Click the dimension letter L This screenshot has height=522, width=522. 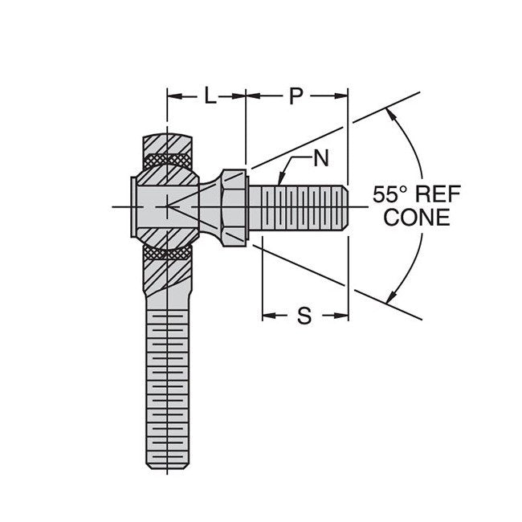(209, 97)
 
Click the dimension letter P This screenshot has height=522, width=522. (296, 97)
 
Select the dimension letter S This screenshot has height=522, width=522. (304, 316)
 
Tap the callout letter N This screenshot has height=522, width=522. (320, 158)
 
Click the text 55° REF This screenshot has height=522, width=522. (411, 194)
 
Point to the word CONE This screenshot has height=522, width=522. (417, 218)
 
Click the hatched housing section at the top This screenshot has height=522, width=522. (169, 143)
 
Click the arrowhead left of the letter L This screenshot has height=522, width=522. (172, 97)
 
